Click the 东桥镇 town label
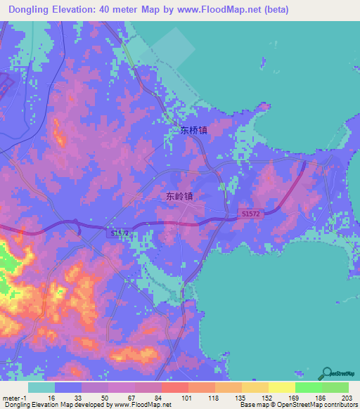click(193, 131)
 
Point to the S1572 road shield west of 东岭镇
click(118, 232)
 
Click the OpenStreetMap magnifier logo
click(328, 372)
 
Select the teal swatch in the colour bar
click(41, 387)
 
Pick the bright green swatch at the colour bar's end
click(335, 387)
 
